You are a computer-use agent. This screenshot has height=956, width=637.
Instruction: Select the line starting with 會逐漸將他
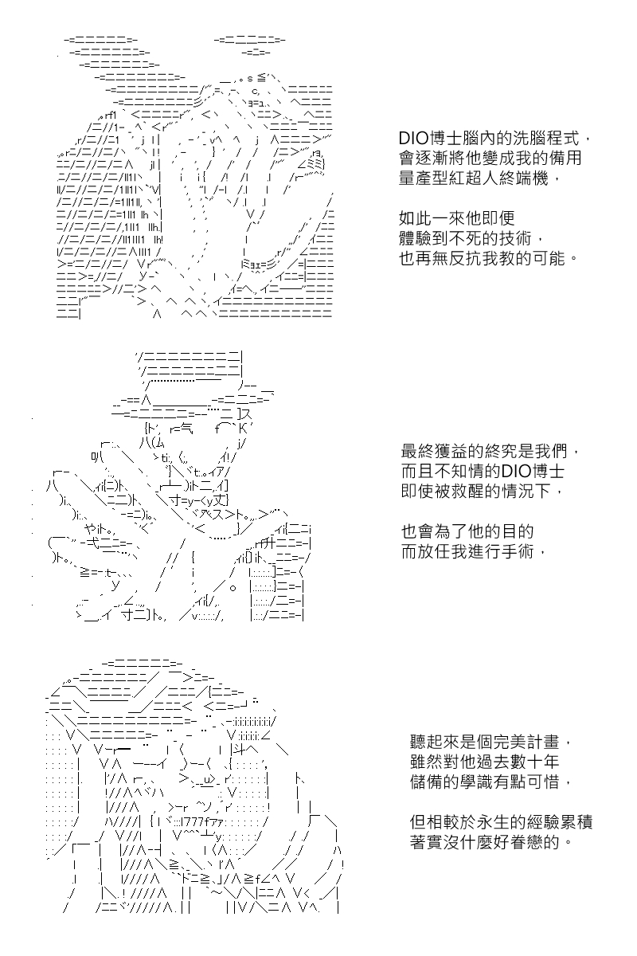[490, 159]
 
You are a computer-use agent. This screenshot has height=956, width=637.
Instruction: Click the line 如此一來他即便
[456, 218]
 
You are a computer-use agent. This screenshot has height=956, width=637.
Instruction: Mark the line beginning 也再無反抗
[488, 258]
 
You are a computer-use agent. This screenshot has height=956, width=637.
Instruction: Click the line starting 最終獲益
[490, 451]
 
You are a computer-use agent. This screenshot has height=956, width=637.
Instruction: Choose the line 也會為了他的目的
[467, 531]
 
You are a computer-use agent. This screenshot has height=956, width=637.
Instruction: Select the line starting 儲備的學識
[490, 782]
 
